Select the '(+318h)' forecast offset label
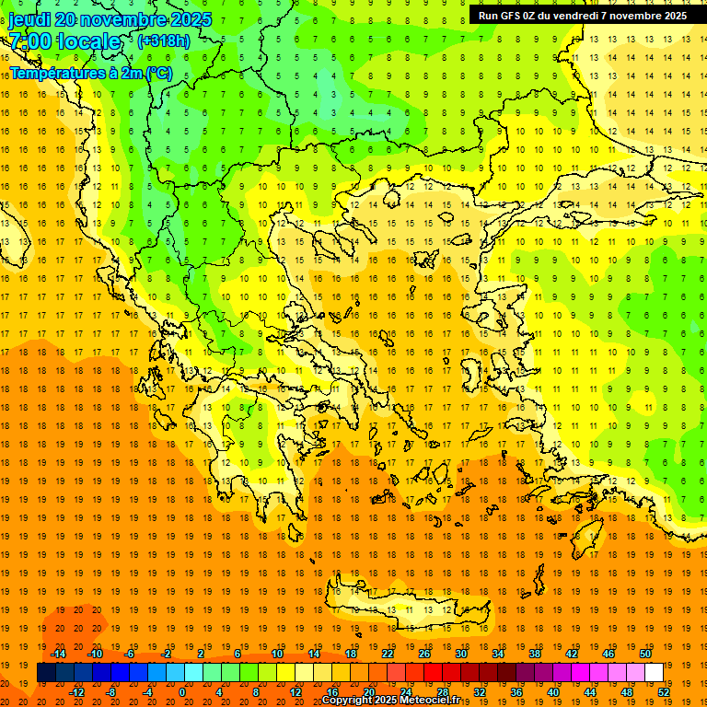pos(164,41)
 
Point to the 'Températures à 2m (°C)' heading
pos(91,73)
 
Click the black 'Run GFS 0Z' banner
pos(582,16)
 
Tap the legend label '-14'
pos(58,654)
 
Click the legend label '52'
pos(665,692)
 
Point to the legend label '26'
pos(424,654)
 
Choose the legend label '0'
pos(181,692)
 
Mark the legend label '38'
pos(535,654)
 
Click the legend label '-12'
pos(76,692)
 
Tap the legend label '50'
pos(644,654)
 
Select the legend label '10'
pos(277,654)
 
